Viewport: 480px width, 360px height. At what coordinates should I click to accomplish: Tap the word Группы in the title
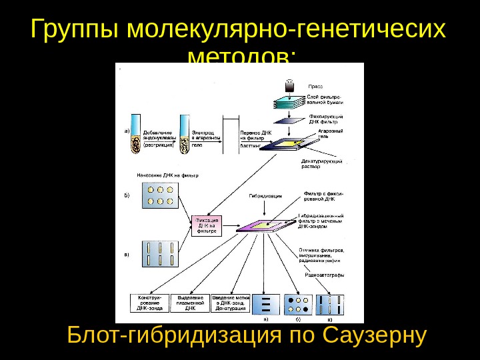point(74,30)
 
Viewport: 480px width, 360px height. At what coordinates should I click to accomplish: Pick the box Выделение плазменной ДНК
point(190,303)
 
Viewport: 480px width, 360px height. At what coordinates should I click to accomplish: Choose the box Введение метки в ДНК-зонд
point(231,303)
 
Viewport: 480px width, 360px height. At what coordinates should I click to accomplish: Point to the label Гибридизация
point(265,197)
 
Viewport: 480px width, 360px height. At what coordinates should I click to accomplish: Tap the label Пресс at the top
point(315,86)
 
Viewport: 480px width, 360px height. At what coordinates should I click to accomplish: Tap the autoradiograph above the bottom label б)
point(297,303)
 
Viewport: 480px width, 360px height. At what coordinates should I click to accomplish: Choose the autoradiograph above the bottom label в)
point(331,303)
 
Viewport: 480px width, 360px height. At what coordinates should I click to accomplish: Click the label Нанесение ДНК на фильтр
point(167,175)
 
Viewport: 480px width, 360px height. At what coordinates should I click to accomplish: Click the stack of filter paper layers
point(289,104)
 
